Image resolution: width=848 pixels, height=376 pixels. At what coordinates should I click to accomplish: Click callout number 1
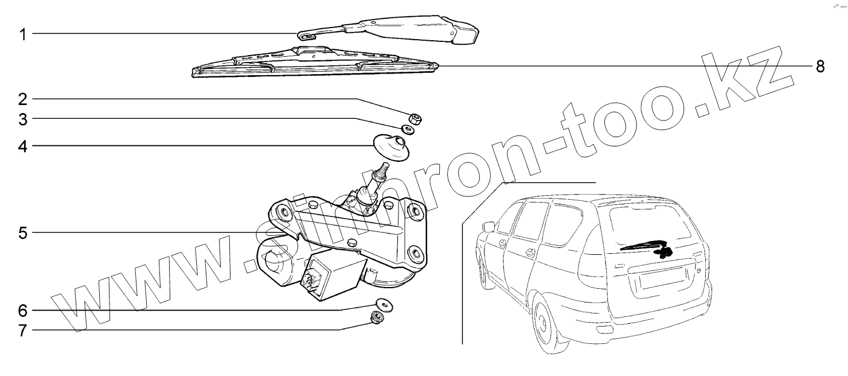point(23,34)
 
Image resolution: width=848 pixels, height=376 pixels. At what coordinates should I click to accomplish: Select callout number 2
point(23,99)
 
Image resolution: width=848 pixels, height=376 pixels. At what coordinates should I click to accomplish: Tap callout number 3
point(23,119)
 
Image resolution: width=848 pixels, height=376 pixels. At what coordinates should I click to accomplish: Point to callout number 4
point(23,146)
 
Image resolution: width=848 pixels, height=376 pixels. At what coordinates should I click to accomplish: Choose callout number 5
point(23,233)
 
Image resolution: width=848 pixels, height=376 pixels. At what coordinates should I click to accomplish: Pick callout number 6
point(23,311)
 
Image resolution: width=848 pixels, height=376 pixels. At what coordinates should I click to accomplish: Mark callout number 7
point(23,331)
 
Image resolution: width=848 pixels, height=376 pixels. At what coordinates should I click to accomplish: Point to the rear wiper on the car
point(645,247)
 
